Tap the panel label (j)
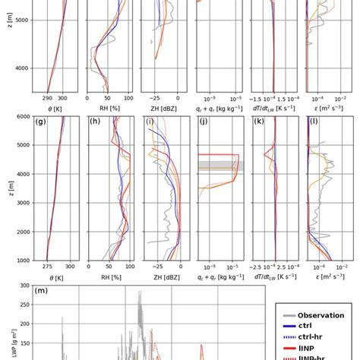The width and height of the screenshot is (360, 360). pyautogui.click(x=204, y=122)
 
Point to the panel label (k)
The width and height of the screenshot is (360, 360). pyautogui.click(x=259, y=122)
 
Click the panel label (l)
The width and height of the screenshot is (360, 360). pyautogui.click(x=312, y=122)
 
